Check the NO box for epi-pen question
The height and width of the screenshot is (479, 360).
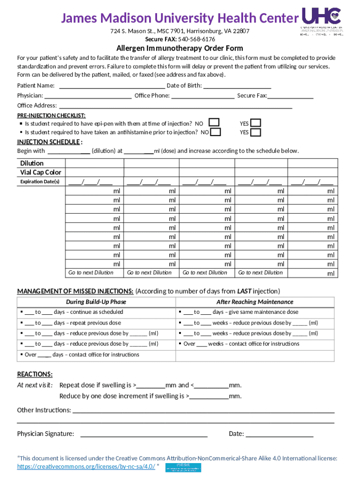tap(214, 123)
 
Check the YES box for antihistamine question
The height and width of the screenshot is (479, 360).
tap(256, 132)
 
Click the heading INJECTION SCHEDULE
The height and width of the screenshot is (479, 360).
tap(50, 142)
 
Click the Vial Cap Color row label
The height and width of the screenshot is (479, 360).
tap(41, 173)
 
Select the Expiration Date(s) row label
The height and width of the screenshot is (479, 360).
tap(40, 181)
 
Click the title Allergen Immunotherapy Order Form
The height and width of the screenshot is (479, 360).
tap(180, 49)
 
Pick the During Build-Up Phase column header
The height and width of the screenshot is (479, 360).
tap(96, 302)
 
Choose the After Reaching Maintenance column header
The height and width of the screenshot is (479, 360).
tap(255, 302)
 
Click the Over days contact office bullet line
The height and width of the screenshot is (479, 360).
tap(80, 355)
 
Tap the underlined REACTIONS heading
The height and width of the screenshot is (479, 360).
tap(35, 374)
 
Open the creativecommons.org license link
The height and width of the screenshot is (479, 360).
tap(86, 467)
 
